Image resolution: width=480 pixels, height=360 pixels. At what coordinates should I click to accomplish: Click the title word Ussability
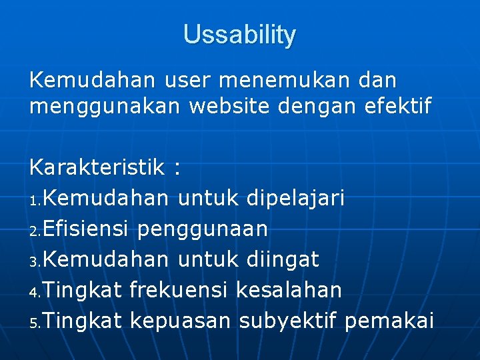tap(240, 35)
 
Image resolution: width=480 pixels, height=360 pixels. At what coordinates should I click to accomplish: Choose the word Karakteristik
tap(96, 167)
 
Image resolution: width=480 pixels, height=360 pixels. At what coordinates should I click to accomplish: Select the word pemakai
tap(390, 321)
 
